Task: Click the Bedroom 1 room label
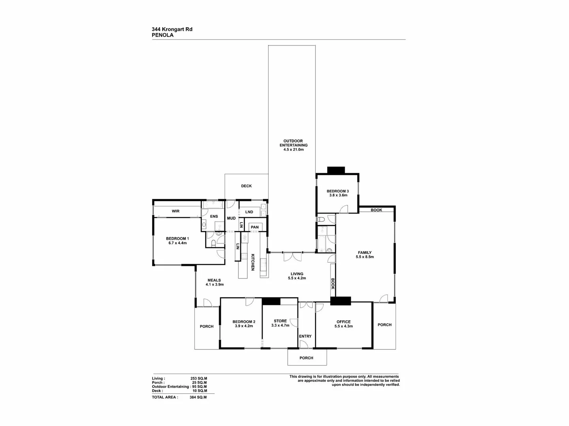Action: tap(177, 239)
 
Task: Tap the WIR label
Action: tap(175, 211)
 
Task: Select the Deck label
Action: tap(246, 186)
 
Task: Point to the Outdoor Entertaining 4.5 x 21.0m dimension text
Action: tap(294, 149)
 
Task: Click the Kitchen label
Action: tap(253, 262)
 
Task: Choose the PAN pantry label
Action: tap(254, 227)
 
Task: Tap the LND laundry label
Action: tap(249, 212)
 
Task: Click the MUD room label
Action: tap(231, 218)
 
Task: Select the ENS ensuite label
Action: tap(214, 216)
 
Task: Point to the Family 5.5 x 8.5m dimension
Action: tap(365, 257)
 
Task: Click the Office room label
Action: tap(343, 322)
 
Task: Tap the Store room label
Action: tap(280, 321)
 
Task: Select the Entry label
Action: tap(305, 336)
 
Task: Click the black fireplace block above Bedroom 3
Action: tap(336, 170)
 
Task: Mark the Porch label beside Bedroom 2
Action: tap(207, 327)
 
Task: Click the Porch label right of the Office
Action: tap(384, 325)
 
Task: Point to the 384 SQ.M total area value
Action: tap(198, 397)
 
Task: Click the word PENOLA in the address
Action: tap(162, 35)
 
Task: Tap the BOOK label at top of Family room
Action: tap(376, 210)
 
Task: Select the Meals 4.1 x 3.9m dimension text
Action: tap(215, 284)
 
